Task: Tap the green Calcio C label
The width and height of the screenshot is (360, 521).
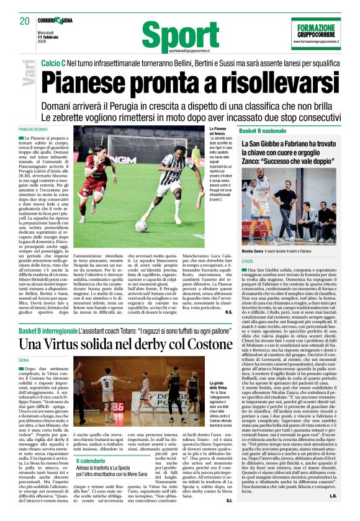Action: [x=54, y=63]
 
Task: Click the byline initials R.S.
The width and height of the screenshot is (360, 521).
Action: [x=227, y=311]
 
